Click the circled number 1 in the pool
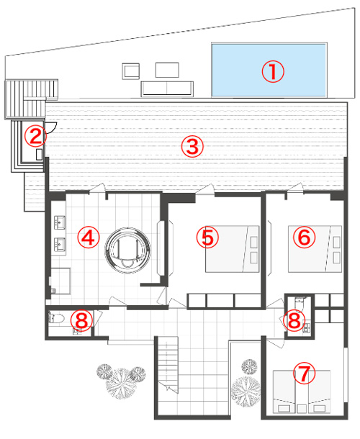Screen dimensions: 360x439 pos(273,72)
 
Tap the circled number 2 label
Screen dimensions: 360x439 pos(35,136)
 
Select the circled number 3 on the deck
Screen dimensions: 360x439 pos(192,146)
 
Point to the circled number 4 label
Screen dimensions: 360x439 pos(89,237)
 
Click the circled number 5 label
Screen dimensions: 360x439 pos(207,237)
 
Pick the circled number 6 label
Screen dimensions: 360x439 pos(305,237)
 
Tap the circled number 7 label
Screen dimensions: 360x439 pos(305,373)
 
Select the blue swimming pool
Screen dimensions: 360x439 pos(269,70)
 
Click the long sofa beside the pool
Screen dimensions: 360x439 pos(167,89)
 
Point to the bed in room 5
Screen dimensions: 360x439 pos(233,249)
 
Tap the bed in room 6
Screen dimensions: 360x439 pos(315,249)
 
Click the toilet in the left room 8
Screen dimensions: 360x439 pos(57,318)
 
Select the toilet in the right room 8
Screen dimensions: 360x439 pos(300,303)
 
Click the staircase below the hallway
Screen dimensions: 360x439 pos(168,365)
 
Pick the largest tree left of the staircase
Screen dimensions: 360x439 pos(121,383)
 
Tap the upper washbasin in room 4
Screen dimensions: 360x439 pos(60,222)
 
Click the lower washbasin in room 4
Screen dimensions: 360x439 pos(60,245)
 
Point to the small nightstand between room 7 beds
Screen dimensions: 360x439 pos(302,409)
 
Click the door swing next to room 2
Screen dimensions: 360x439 pos(52,127)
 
